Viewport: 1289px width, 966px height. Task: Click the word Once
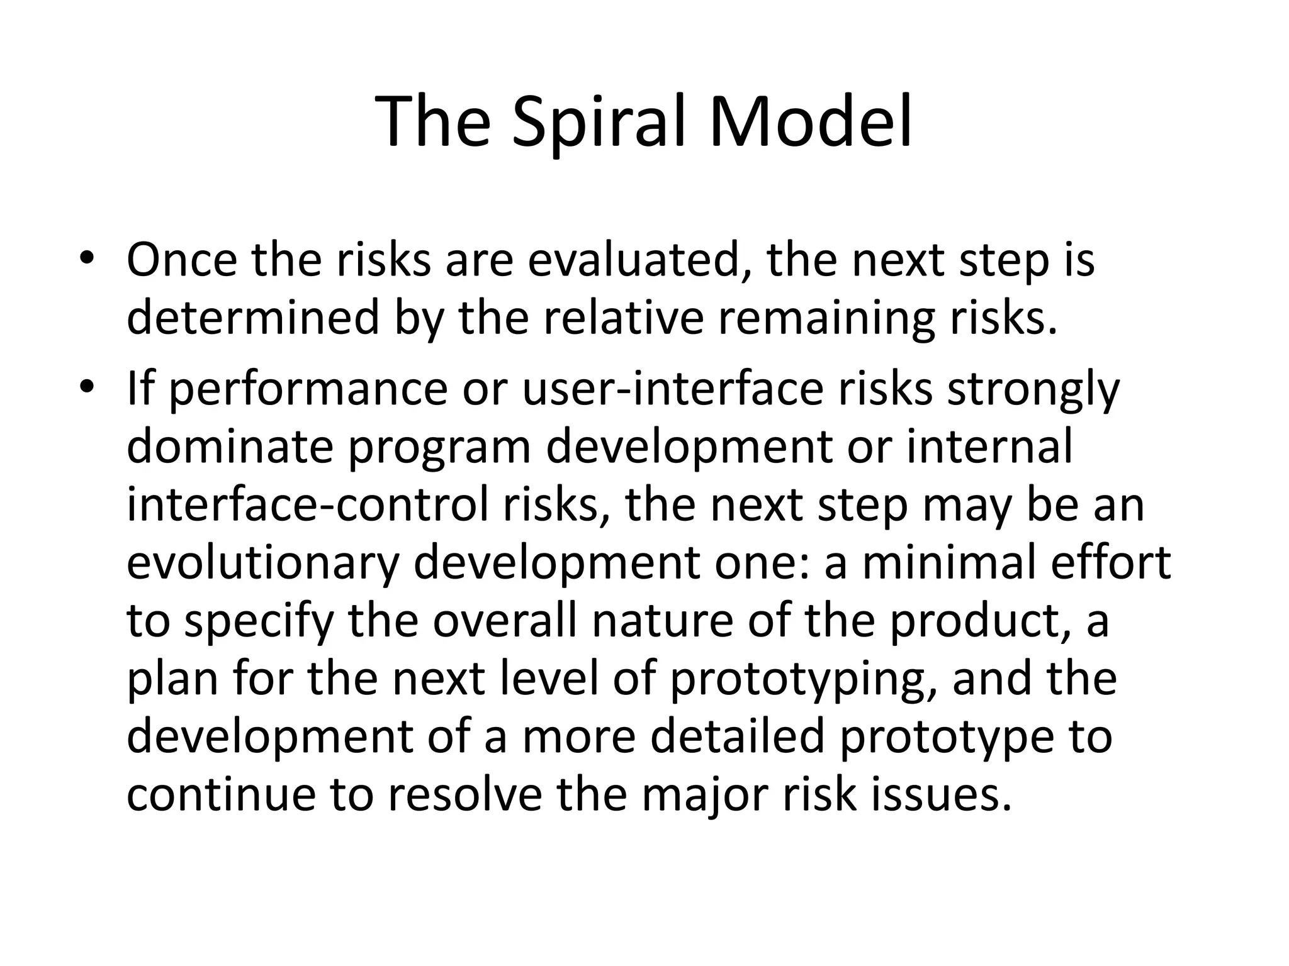click(182, 260)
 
